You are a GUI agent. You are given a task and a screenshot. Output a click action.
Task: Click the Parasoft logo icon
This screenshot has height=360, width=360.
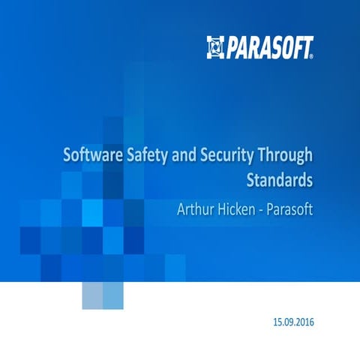(216, 46)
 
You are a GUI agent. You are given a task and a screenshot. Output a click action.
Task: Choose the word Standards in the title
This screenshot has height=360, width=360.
(279, 180)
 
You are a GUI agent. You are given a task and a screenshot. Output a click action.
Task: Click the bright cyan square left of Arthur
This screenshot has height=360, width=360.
(92, 212)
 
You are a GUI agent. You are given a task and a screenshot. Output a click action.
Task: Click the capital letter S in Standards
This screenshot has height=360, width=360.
(250, 180)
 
